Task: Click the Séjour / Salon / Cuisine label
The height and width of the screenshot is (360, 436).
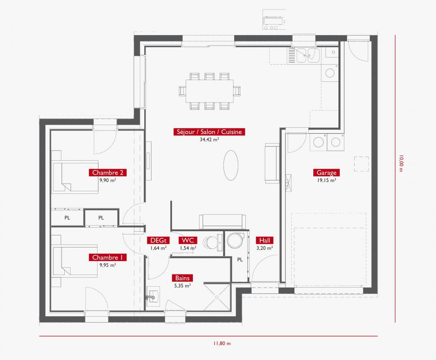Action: point(209,132)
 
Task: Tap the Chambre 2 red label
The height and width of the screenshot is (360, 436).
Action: point(107,173)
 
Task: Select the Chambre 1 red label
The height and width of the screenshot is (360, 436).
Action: point(107,257)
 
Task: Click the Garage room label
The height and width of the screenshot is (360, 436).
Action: point(326,173)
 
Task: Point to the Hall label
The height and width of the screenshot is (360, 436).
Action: point(264,240)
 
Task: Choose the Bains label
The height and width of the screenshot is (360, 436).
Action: point(182,278)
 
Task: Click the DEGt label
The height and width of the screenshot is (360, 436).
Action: point(158,240)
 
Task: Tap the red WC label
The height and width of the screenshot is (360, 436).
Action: point(188,240)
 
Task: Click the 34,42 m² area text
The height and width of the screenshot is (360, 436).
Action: point(209,139)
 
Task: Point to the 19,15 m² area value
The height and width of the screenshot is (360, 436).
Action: point(326,180)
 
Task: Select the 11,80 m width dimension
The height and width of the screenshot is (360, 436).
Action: point(222,343)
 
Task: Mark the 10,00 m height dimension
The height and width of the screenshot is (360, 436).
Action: point(400,163)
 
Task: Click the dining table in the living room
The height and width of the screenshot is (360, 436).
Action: point(209,91)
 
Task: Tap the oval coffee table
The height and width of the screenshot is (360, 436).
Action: point(231,166)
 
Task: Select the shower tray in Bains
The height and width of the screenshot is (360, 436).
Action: point(217,297)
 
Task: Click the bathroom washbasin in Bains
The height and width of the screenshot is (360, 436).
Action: point(153,296)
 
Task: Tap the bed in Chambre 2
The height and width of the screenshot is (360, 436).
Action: point(76,177)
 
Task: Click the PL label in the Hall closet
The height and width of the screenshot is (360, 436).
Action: point(240,260)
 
